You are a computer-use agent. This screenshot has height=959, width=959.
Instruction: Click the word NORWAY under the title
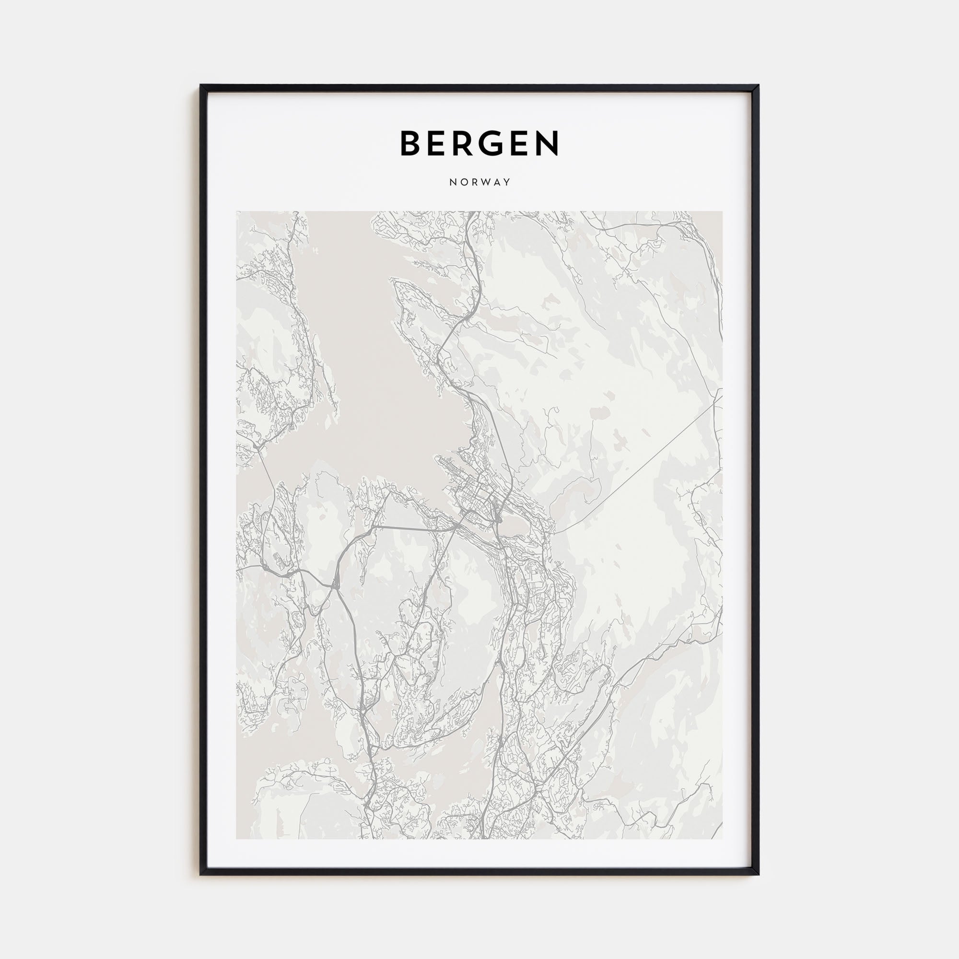point(479,182)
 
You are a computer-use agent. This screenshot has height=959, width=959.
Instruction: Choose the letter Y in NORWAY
point(507,182)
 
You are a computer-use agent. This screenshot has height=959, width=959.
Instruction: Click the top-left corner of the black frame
point(200,85)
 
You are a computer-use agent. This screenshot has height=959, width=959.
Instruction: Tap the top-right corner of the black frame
point(759,85)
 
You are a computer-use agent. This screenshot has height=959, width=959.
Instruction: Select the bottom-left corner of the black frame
point(200,874)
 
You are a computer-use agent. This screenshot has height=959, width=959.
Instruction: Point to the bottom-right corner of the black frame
point(759,874)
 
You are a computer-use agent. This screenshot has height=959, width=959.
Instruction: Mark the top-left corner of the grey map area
point(236,212)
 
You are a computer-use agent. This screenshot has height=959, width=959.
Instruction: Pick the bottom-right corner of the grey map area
point(722,839)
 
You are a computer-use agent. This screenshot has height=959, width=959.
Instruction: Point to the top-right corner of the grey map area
point(722,212)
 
